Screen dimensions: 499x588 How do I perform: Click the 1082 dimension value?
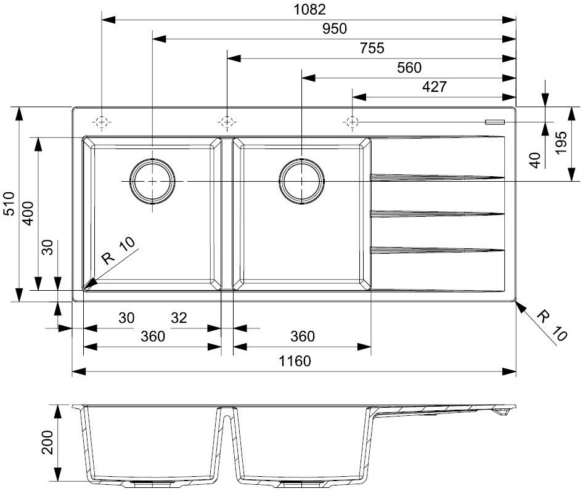click(x=309, y=10)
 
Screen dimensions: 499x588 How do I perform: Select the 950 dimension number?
click(x=335, y=28)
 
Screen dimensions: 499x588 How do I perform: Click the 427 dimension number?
click(x=434, y=87)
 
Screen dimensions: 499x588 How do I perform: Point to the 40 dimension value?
click(x=536, y=160)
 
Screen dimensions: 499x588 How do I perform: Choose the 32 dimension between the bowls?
click(x=179, y=318)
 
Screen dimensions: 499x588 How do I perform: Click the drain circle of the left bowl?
click(x=151, y=181)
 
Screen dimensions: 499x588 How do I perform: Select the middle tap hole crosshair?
click(x=227, y=121)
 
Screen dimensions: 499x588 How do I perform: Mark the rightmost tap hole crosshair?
click(x=352, y=121)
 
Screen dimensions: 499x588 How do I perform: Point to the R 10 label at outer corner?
click(x=551, y=325)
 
